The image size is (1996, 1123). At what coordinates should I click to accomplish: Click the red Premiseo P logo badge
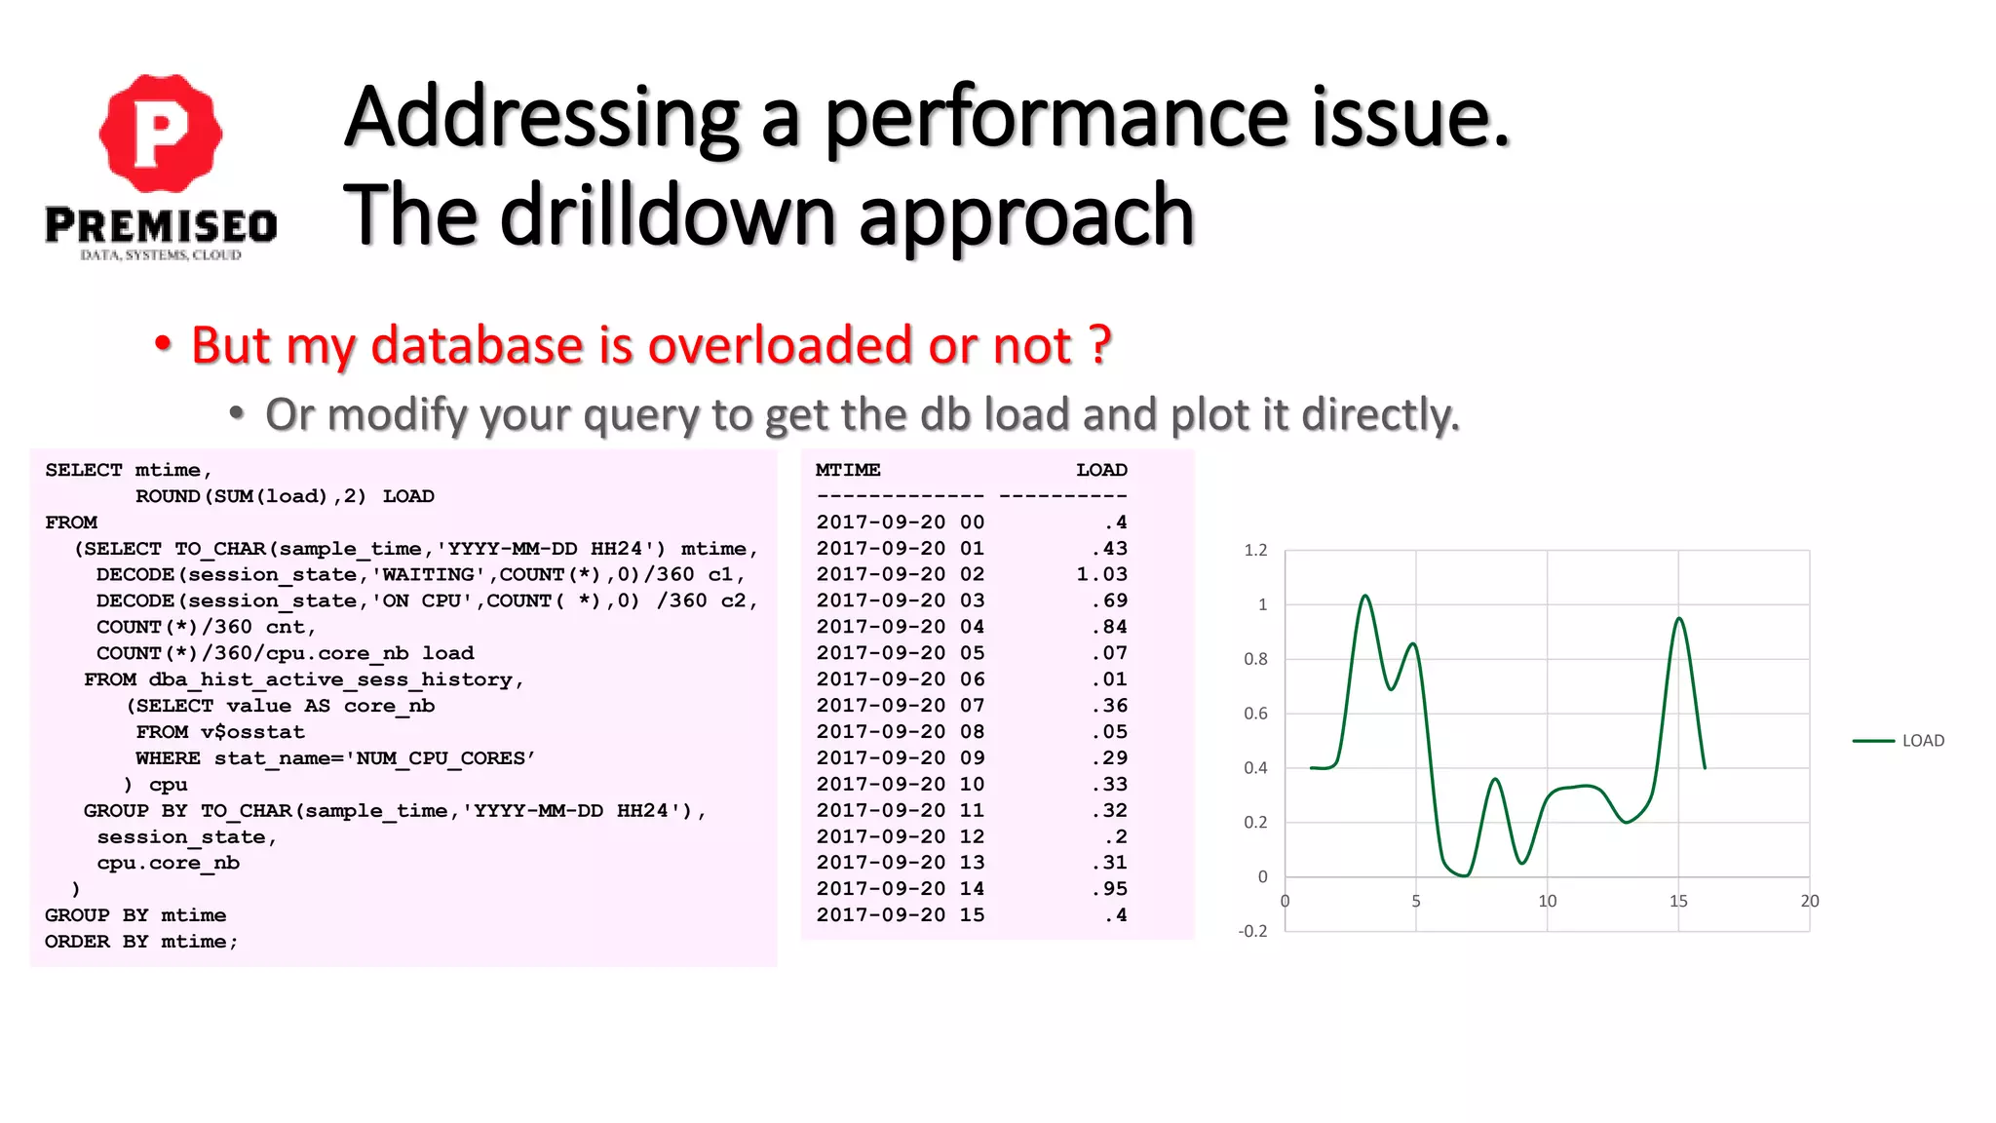coord(161,133)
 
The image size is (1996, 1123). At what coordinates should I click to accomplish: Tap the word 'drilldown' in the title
coord(667,215)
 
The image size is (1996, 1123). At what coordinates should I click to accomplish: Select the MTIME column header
coord(848,470)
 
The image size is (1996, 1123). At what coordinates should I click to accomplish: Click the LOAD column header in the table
coord(1101,470)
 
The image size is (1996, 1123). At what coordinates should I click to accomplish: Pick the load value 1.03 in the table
coord(1101,574)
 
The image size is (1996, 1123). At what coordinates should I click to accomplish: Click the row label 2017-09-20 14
coord(900,889)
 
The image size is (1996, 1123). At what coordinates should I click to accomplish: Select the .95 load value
coord(1109,889)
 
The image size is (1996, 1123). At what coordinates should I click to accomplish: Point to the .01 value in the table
coord(1109,679)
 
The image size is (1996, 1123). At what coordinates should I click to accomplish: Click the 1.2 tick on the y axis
coord(1255,551)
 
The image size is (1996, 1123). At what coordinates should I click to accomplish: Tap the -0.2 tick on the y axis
coord(1252,932)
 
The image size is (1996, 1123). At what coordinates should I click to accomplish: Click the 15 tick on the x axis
coord(1678,902)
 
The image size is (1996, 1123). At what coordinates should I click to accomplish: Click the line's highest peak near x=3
coord(1365,596)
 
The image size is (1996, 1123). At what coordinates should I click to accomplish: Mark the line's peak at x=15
coord(1679,618)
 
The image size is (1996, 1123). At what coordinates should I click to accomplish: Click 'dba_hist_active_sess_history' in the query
coord(330,679)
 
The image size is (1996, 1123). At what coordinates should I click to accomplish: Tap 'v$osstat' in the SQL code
coord(252,732)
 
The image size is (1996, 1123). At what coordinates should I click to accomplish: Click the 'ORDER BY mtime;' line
coord(141,942)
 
